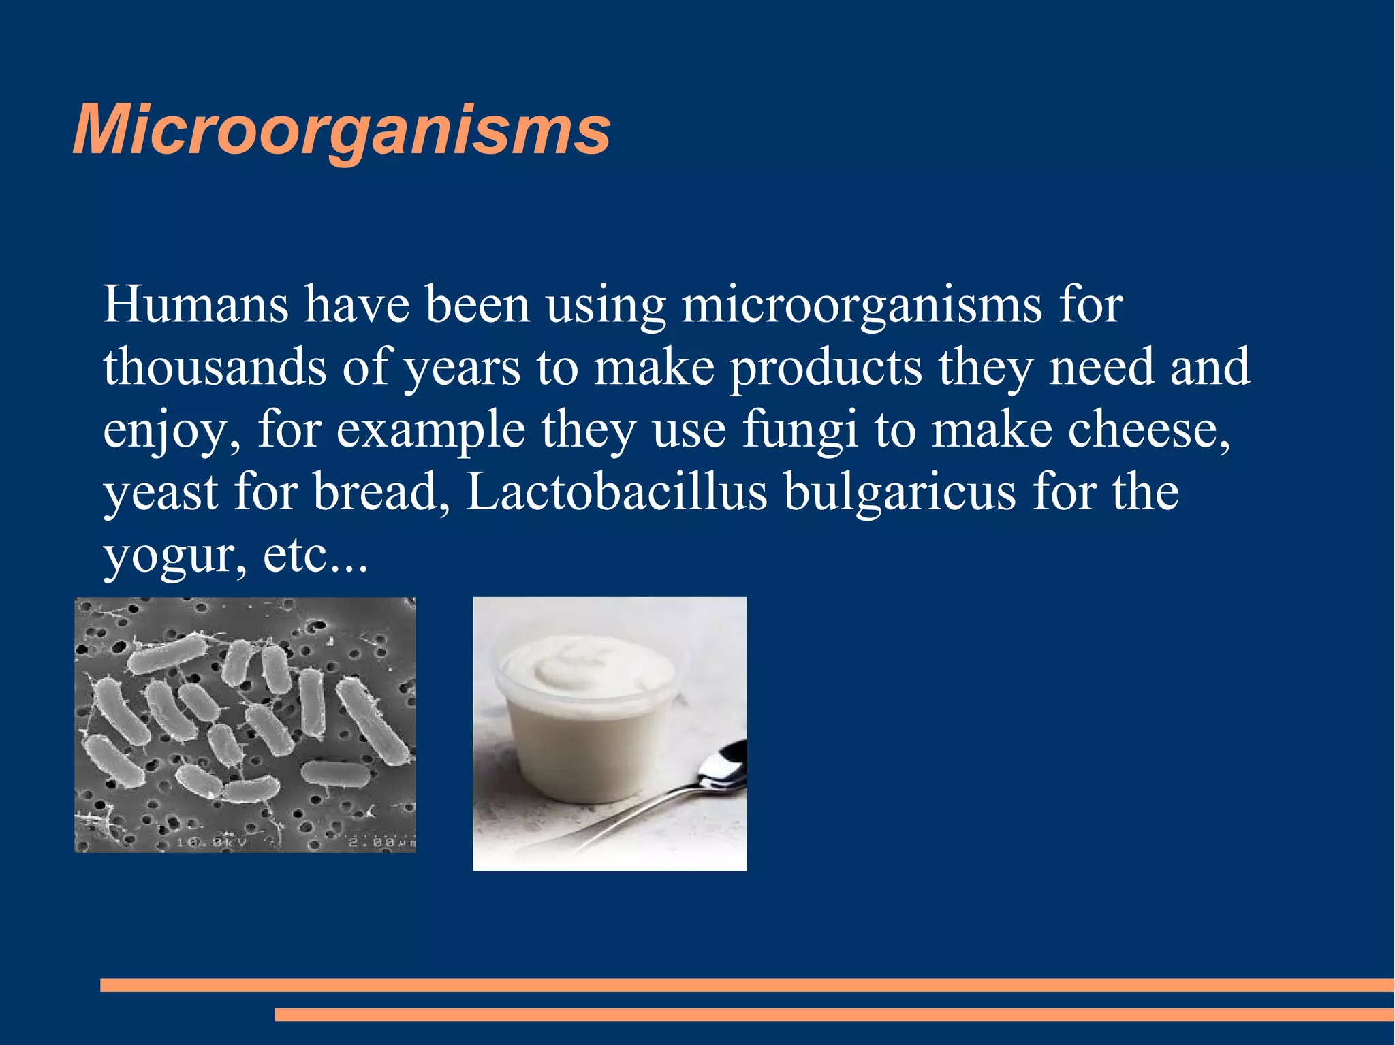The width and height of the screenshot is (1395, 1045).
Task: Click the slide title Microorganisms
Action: point(341,129)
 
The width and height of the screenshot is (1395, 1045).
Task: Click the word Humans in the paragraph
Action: point(195,304)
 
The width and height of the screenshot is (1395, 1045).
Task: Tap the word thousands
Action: point(215,367)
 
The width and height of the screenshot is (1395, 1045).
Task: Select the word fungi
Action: point(800,430)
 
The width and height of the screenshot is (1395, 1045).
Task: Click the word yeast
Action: point(161,493)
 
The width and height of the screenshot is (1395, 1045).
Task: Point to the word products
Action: point(826,368)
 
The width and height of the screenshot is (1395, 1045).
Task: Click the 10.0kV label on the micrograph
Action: point(211,842)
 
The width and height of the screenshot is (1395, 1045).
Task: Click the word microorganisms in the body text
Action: point(861,304)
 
